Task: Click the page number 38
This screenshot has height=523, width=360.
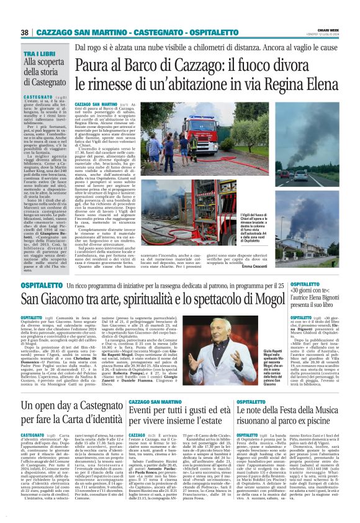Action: (25, 32)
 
